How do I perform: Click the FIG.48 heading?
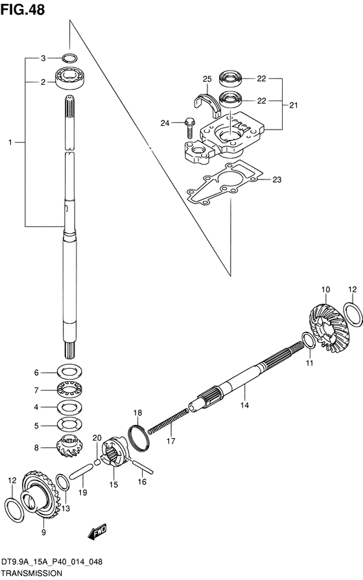(23, 9)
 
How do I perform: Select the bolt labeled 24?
(189, 127)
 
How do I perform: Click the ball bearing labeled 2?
(69, 77)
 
